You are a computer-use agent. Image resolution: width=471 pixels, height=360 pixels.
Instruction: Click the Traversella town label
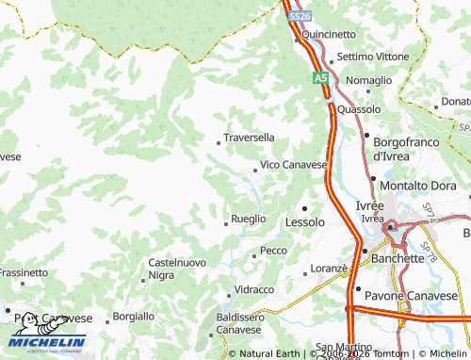250,137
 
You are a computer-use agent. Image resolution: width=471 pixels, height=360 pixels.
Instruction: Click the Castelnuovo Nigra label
176,269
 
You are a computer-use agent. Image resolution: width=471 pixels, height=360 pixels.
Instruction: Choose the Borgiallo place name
133,316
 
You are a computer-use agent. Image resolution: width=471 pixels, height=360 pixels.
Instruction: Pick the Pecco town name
273,251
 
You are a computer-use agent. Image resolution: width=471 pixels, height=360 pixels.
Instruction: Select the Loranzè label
330,269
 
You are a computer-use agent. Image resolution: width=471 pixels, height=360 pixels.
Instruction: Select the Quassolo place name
359,109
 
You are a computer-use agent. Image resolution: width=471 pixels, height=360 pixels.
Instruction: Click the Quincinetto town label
329,34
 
